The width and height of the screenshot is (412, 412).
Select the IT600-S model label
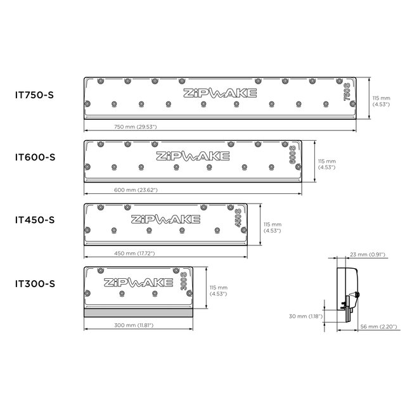click(35, 157)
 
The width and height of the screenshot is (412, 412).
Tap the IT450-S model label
click(35, 220)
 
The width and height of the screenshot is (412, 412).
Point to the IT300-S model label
click(35, 283)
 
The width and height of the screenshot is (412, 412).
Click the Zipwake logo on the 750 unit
click(221, 94)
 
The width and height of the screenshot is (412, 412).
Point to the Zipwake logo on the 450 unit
click(165, 219)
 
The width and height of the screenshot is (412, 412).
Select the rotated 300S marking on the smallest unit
click(183, 283)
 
